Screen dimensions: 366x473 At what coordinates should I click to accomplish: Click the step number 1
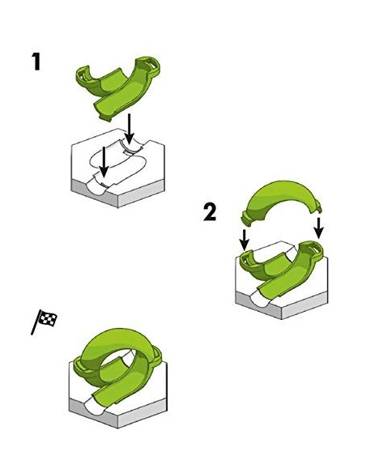click(x=36, y=62)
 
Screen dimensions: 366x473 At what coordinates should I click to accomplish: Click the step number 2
click(x=210, y=212)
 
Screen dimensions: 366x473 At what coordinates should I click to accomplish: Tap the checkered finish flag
click(x=45, y=322)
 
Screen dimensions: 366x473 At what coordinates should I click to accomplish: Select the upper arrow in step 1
click(x=130, y=129)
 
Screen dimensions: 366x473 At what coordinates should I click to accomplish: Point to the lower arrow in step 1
click(x=104, y=162)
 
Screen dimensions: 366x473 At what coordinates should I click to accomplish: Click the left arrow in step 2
click(x=245, y=240)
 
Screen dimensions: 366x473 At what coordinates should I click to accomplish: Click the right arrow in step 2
click(x=318, y=228)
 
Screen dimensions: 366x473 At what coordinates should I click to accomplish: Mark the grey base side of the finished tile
click(x=118, y=414)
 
